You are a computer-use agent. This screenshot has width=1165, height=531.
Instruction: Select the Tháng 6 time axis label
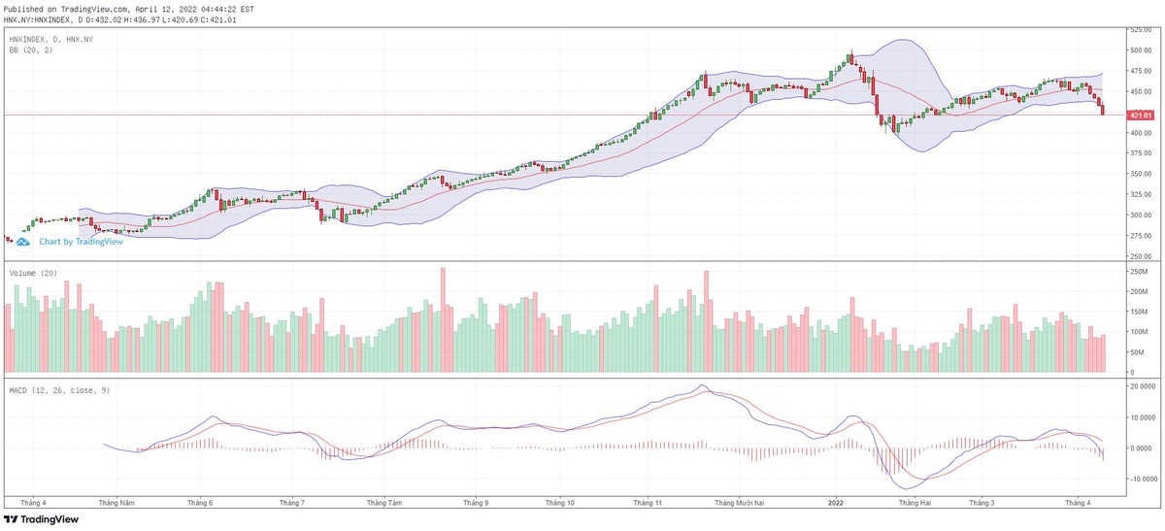pos(200,503)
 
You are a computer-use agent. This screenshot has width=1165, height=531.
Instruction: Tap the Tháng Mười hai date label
pos(740,503)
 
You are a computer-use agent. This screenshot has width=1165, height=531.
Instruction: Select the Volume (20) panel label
pos(34,273)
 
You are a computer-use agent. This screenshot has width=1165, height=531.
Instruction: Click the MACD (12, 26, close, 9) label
pos(57,389)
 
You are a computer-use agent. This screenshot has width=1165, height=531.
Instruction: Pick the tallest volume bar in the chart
pos(443,321)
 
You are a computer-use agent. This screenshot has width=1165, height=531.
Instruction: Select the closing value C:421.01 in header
pos(217,19)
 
